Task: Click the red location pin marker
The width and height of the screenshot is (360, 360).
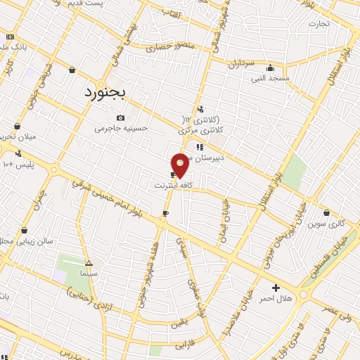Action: (180, 164)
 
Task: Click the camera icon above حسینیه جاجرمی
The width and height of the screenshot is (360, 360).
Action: (121, 117)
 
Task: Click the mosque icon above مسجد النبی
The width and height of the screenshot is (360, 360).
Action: (271, 68)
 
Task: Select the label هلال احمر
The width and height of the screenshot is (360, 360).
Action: (275, 299)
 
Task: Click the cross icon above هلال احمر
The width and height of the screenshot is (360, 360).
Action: (276, 288)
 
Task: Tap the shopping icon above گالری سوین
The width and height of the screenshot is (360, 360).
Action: (327, 212)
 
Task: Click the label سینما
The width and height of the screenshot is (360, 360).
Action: (89, 272)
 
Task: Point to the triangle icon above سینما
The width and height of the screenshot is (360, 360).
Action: (89, 262)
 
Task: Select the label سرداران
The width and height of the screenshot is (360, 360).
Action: (240, 63)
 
